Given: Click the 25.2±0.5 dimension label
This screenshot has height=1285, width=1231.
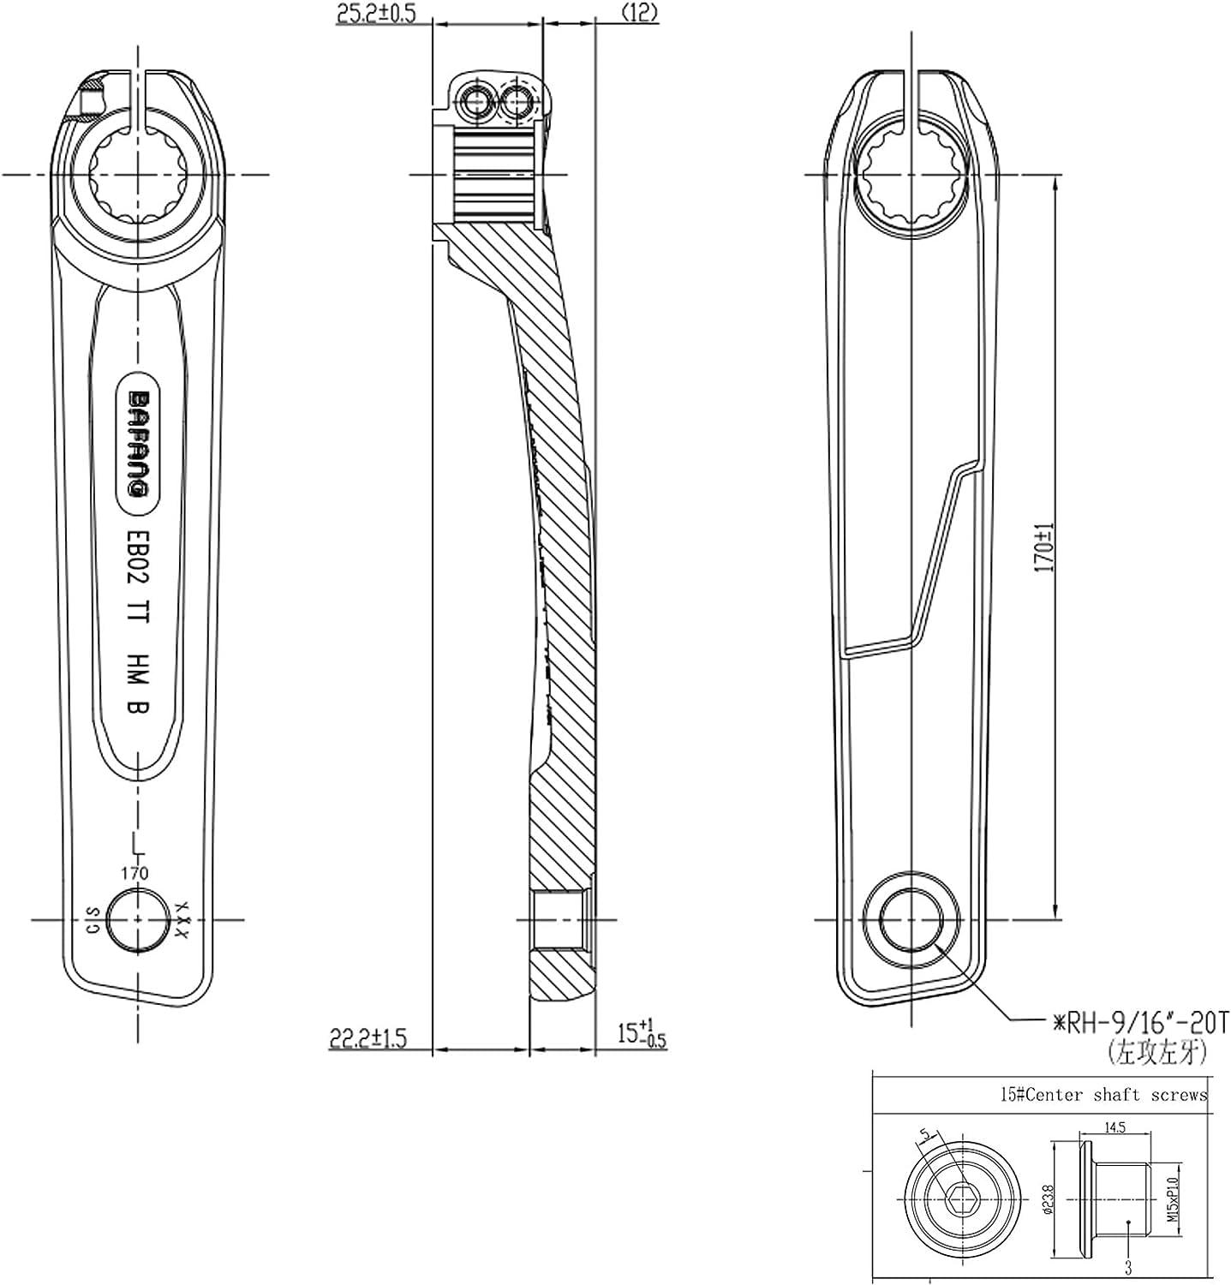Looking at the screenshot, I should (x=374, y=15).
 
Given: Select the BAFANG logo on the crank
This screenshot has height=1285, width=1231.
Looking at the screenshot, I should (x=135, y=444).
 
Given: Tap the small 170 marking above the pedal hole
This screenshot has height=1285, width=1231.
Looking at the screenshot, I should (x=134, y=874).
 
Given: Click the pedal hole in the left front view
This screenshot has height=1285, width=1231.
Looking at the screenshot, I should (x=137, y=919).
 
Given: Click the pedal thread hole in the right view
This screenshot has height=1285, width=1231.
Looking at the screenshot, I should (x=913, y=921).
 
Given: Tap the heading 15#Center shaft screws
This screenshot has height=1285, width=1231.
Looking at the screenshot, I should (x=1103, y=1094).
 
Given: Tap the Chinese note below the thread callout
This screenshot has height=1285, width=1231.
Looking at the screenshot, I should (x=1156, y=1051).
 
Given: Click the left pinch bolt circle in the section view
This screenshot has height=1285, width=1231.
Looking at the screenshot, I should (x=475, y=102).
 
